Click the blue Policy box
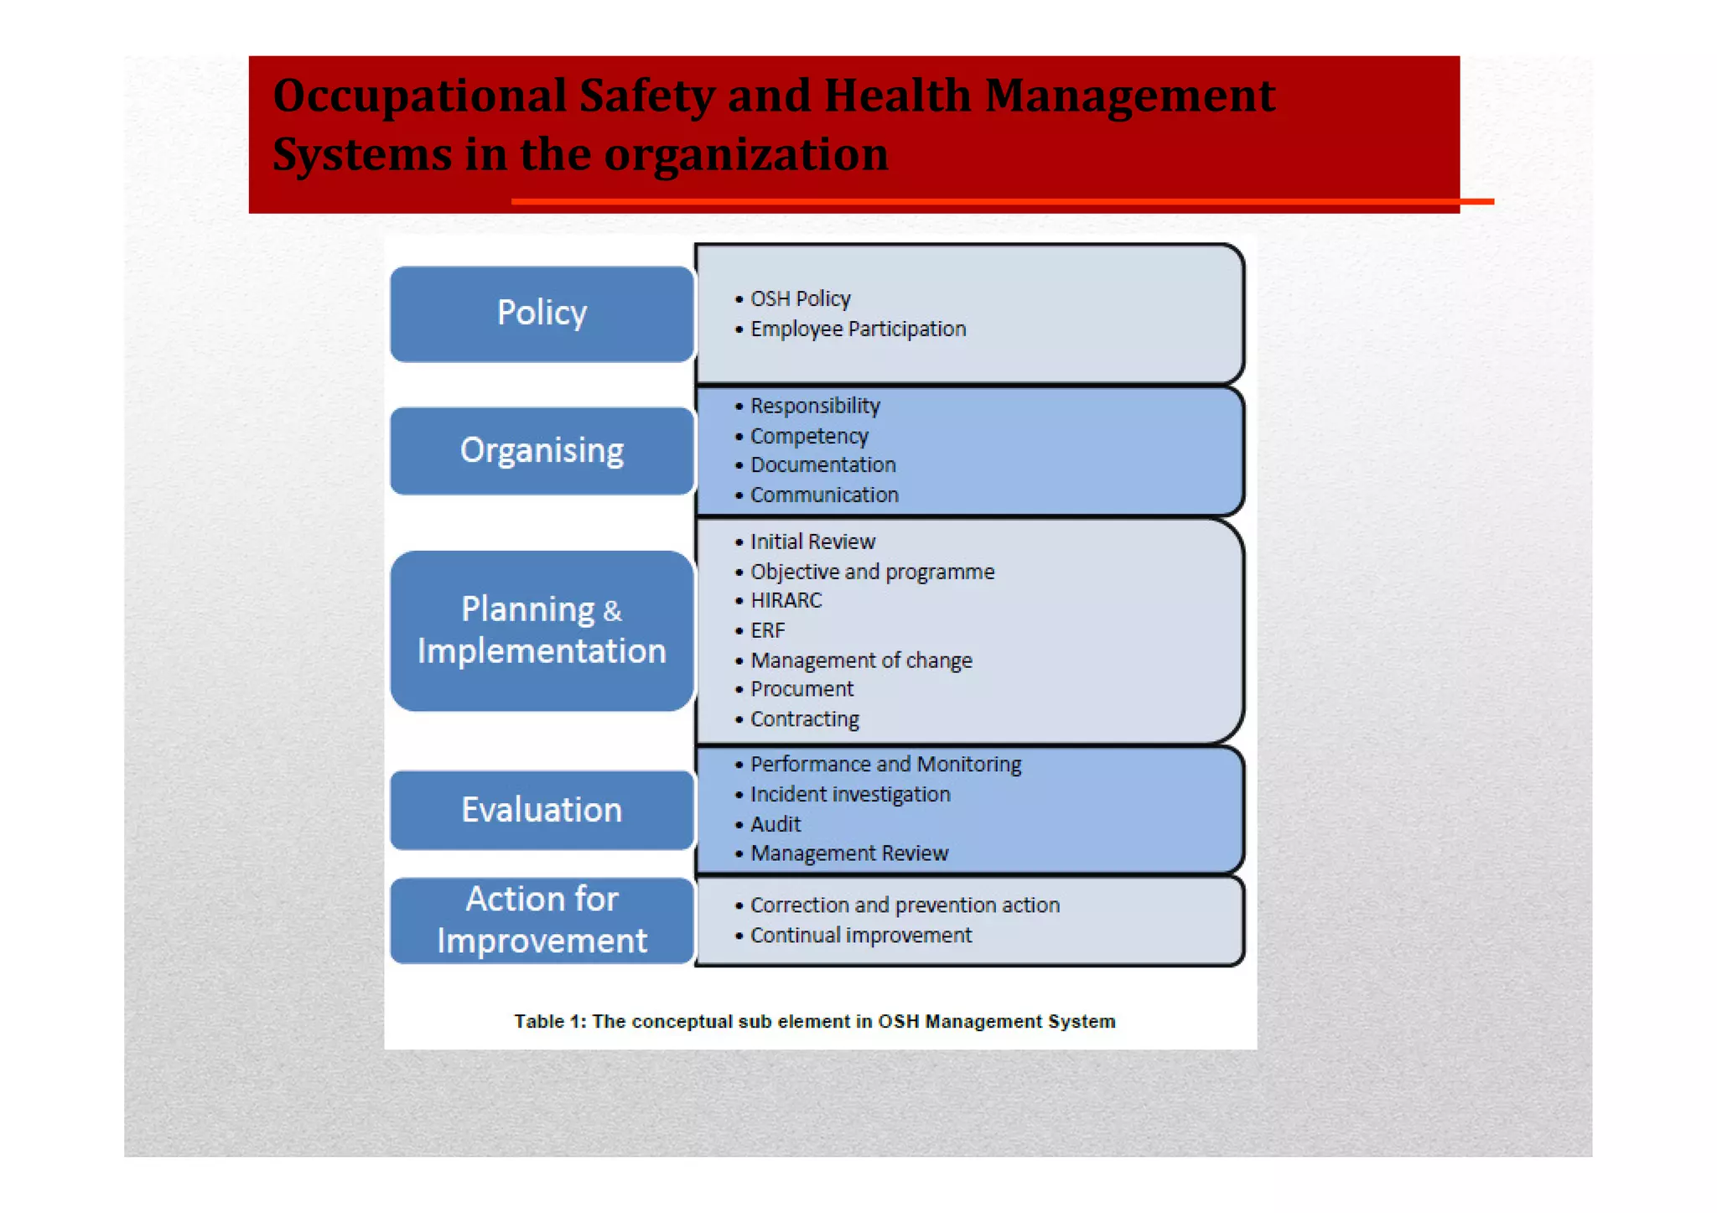pyautogui.click(x=542, y=314)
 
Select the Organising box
pyautogui.click(x=542, y=451)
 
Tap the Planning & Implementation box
pyautogui.click(x=542, y=630)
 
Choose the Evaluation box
pyautogui.click(x=542, y=810)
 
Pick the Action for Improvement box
pyautogui.click(x=542, y=920)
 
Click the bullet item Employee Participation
pyautogui.click(x=857, y=329)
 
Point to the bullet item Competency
pyautogui.click(x=808, y=436)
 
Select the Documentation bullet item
pyautogui.click(x=822, y=465)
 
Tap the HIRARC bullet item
pyautogui.click(x=786, y=600)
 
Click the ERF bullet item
pyautogui.click(x=767, y=630)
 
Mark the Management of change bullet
pyautogui.click(x=861, y=661)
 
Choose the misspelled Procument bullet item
pyautogui.click(x=801, y=689)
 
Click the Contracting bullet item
pyautogui.click(x=804, y=719)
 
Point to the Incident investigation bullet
pyautogui.click(x=849, y=794)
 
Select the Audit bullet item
pyautogui.click(x=776, y=824)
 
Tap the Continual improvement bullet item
pyautogui.click(x=860, y=935)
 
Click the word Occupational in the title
pyautogui.click(x=419, y=96)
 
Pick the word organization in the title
pyautogui.click(x=746, y=154)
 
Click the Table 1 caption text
pyautogui.click(x=814, y=1021)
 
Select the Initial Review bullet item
pyautogui.click(x=812, y=542)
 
